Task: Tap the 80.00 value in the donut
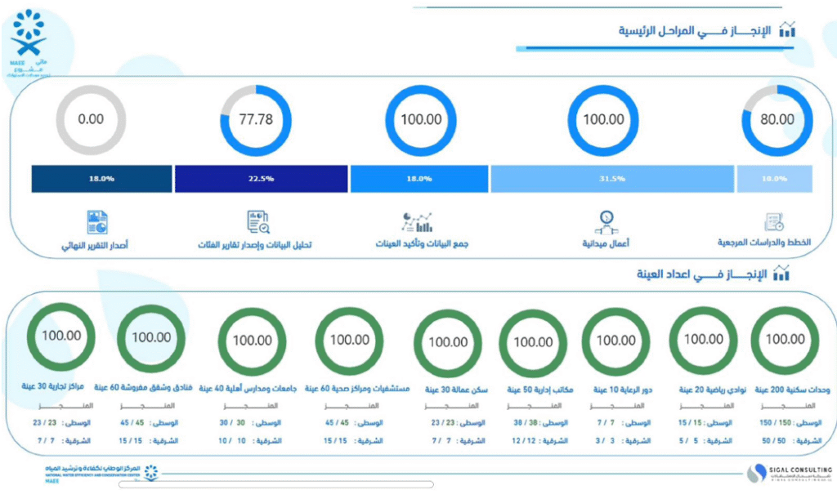[777, 119]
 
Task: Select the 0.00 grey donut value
[91, 119]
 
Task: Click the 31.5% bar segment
[612, 179]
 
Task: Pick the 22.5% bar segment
[262, 179]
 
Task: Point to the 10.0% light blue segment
[774, 179]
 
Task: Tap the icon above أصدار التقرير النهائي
[97, 221]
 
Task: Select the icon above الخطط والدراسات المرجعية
[774, 221]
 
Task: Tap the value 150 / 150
[775, 423]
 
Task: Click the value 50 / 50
[775, 440]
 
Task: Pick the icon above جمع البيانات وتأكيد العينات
[418, 221]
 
